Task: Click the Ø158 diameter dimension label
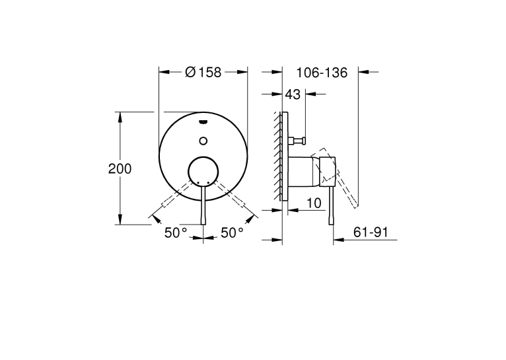coord(203,72)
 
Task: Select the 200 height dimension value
coord(120,169)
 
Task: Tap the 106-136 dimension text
coord(322,73)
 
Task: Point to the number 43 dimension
coord(293,94)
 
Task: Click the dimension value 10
coord(314,203)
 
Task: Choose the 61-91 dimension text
coord(371,233)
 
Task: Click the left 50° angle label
coord(176,233)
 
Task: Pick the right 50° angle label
coord(233,233)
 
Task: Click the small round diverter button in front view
coord(203,141)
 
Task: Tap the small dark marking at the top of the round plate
coord(203,122)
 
